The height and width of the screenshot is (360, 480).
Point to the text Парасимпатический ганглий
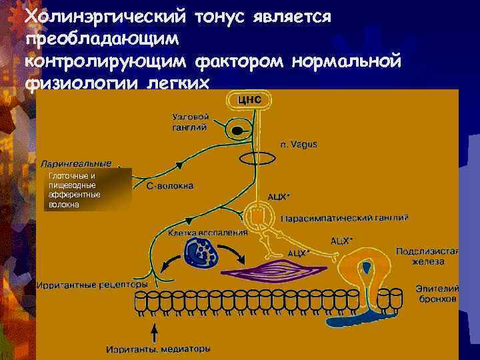pyautogui.click(x=345, y=218)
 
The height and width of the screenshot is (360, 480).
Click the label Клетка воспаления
pyautogui.click(x=207, y=233)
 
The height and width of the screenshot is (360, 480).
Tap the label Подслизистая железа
pyautogui.click(x=427, y=257)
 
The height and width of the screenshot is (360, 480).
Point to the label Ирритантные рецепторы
pyautogui.click(x=91, y=283)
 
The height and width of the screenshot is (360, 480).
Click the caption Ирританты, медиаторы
pyautogui.click(x=158, y=348)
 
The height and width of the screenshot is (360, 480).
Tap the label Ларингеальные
pyautogui.click(x=76, y=163)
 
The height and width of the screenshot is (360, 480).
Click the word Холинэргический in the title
pyautogui.click(x=107, y=15)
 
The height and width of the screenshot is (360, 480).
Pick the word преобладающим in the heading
pyautogui.click(x=102, y=38)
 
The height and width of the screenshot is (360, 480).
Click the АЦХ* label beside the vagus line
pyautogui.click(x=279, y=197)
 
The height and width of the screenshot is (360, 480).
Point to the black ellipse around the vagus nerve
pyautogui.click(x=256, y=159)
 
